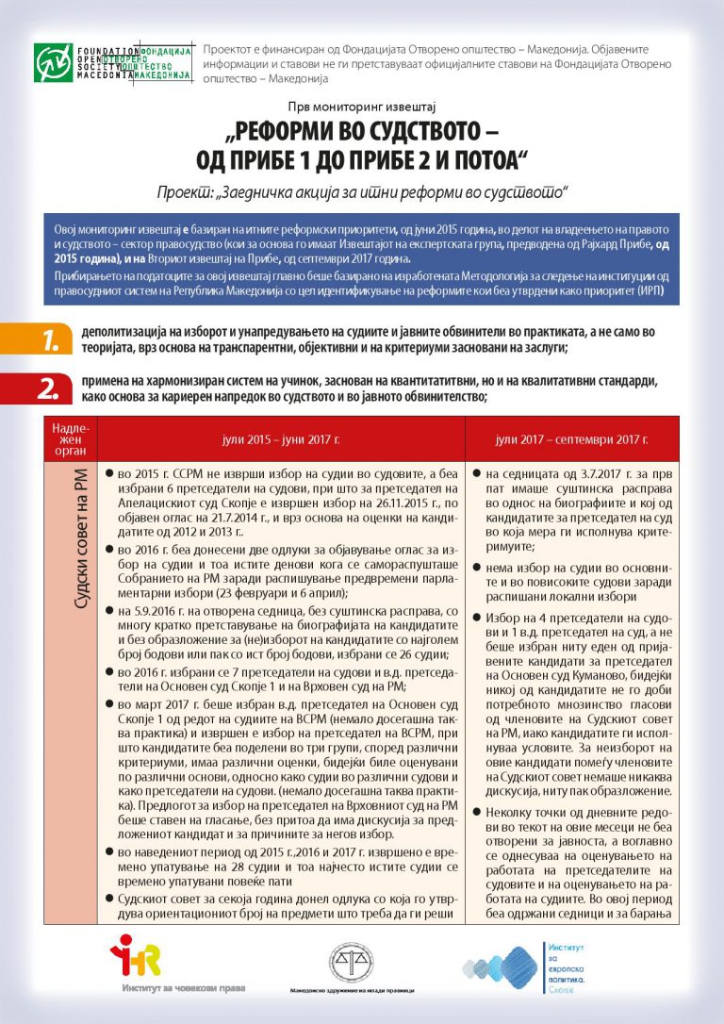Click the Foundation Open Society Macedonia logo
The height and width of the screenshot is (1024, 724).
coord(112,62)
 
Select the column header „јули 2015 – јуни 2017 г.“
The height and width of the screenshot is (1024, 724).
coord(281,440)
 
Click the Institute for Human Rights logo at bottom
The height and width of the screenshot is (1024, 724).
coord(136,963)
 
